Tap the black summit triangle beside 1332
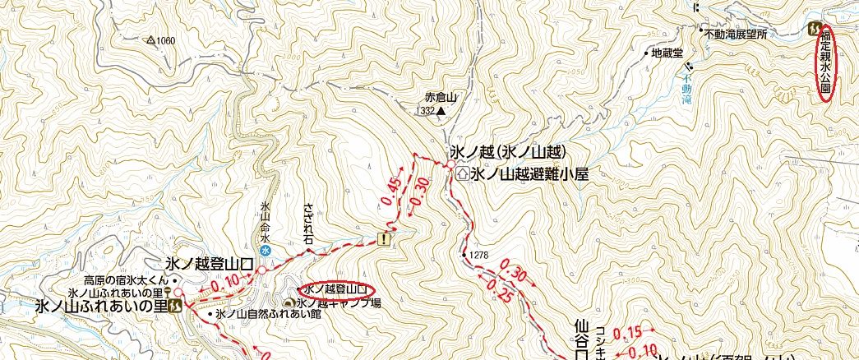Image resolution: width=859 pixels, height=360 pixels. [441, 111]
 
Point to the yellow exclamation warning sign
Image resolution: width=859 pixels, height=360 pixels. [384, 239]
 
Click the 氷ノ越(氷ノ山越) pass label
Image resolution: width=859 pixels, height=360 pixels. [509, 153]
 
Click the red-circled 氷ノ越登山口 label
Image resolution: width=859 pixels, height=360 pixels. [335, 289]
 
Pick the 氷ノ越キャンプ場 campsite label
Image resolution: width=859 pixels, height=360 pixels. [339, 303]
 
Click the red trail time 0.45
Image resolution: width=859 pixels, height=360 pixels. [391, 191]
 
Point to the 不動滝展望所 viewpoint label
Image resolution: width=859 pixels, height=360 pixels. [736, 35]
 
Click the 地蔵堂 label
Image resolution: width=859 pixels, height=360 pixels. [667, 53]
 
